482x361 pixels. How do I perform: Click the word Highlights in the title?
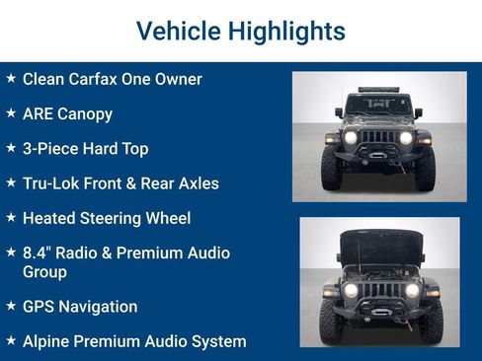[x=286, y=31]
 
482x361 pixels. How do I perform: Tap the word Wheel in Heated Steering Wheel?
[x=167, y=218]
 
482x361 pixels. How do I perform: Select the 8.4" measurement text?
[x=39, y=253]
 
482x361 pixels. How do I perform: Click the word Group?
[x=44, y=271]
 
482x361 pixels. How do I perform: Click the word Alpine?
[x=48, y=341]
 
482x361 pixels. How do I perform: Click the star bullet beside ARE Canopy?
[x=11, y=112]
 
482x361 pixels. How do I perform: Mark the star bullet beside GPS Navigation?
[x=11, y=306]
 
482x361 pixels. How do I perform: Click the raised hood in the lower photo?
[x=380, y=245]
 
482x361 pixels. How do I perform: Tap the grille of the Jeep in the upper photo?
[x=379, y=137]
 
